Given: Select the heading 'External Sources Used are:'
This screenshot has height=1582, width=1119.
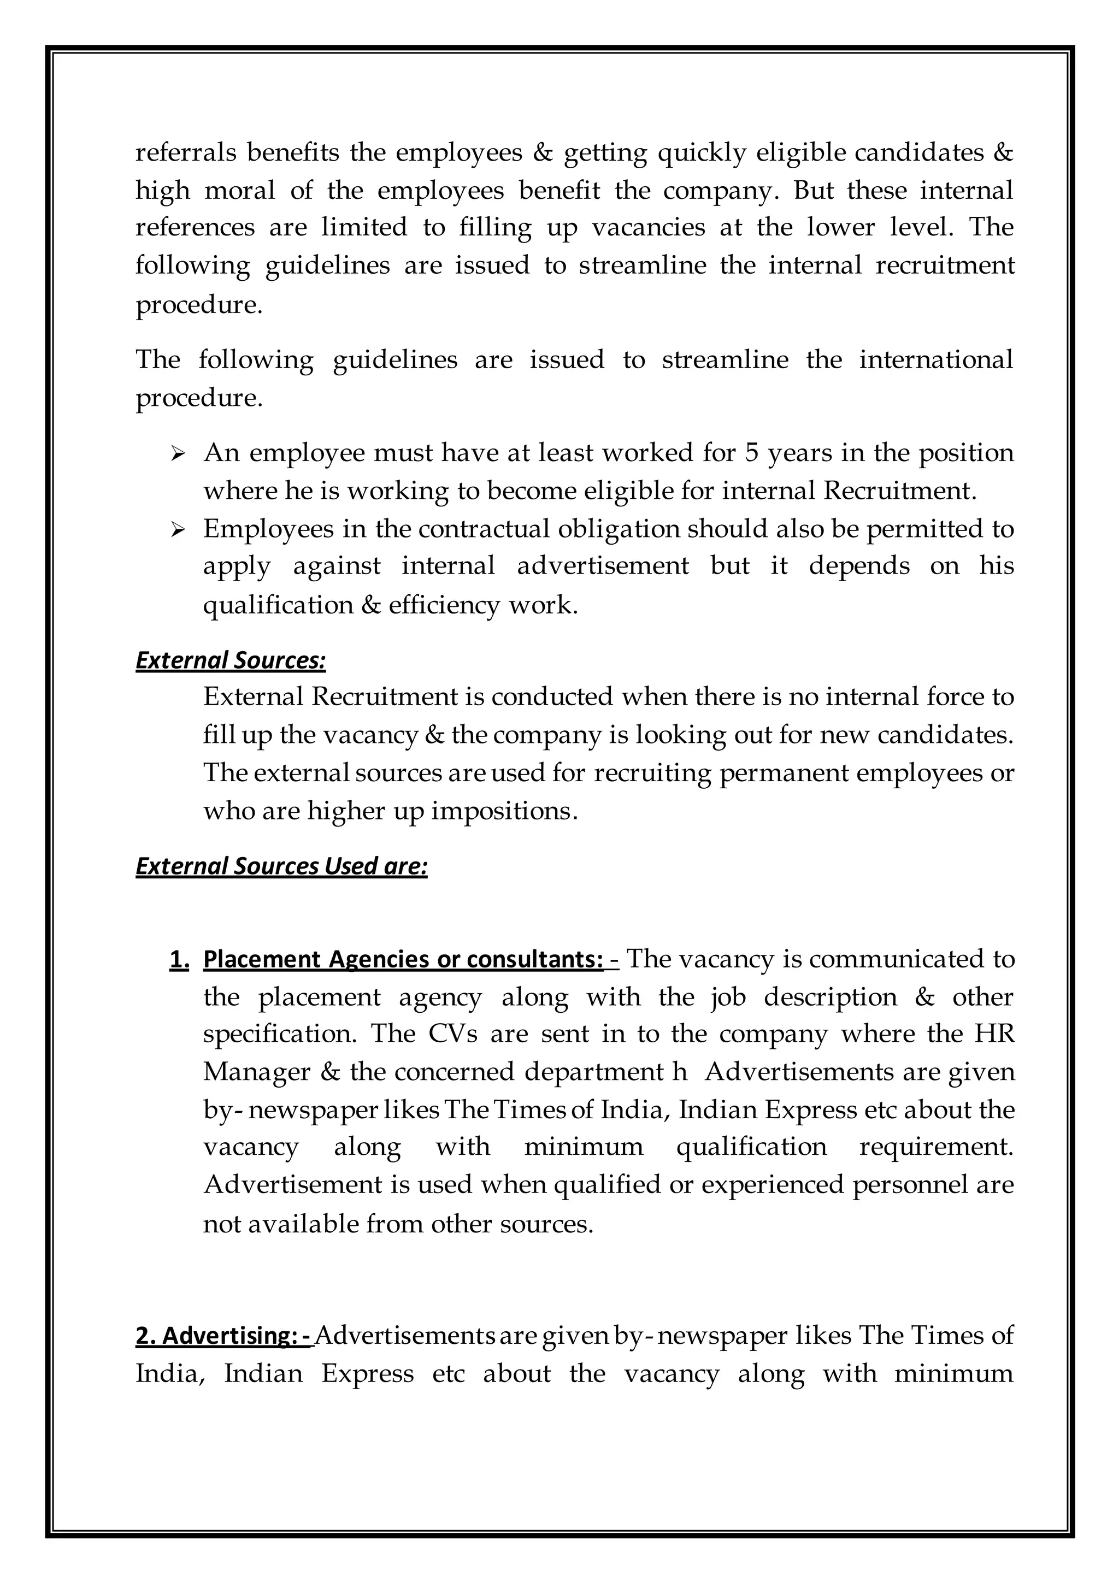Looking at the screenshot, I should tap(281, 866).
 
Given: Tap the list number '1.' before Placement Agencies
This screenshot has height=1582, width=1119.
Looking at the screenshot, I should tap(179, 959).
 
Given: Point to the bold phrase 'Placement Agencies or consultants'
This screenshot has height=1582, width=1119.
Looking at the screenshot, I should tap(403, 959).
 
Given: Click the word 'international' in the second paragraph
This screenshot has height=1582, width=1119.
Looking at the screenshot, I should tap(936, 359).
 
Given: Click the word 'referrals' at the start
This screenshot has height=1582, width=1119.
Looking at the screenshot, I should tap(185, 152).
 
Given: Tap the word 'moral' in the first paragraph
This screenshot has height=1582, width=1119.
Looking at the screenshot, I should tap(240, 190).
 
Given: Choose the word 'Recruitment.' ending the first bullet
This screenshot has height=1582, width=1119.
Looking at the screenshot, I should tap(900, 491).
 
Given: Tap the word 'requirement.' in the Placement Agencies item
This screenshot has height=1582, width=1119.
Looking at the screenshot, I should tap(936, 1147).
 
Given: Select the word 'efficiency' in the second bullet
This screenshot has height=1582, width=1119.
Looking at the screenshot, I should tap(444, 605).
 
